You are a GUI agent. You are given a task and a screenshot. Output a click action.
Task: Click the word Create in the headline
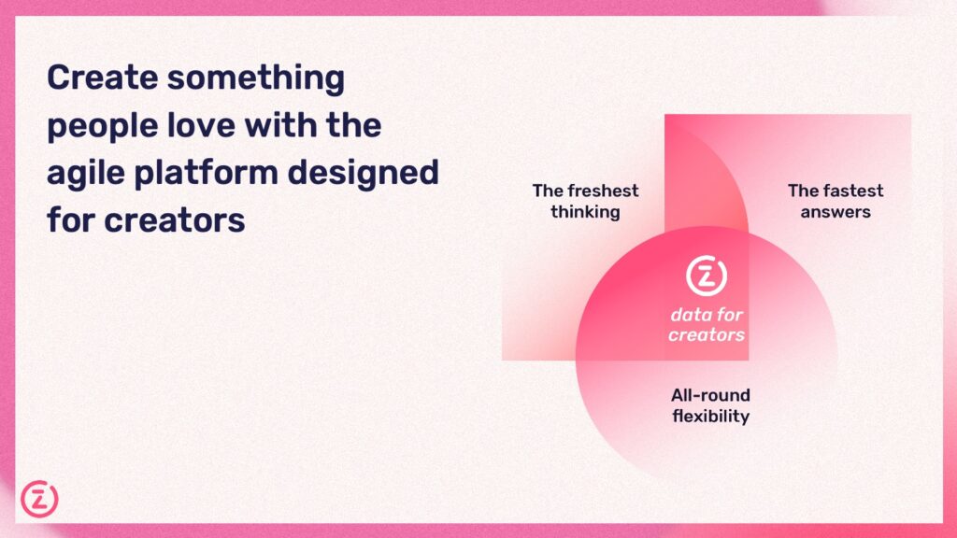pyautogui.click(x=103, y=78)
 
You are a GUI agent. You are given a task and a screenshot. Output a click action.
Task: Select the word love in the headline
pyautogui.click(x=202, y=125)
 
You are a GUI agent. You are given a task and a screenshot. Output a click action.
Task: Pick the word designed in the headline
pyautogui.click(x=364, y=174)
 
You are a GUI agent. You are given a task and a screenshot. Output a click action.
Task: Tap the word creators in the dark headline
pyautogui.click(x=175, y=220)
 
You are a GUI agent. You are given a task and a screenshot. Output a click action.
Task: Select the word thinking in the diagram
pyautogui.click(x=585, y=212)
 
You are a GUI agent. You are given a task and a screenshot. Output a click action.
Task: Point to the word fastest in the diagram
pyautogui.click(x=853, y=191)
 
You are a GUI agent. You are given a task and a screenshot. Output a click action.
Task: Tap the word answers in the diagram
pyautogui.click(x=836, y=212)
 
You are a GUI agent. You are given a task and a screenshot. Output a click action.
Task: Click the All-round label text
pyautogui.click(x=710, y=395)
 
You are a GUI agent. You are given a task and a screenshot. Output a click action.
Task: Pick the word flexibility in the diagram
pyautogui.click(x=710, y=417)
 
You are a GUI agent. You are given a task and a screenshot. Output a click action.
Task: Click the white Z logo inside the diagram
pyautogui.click(x=707, y=276)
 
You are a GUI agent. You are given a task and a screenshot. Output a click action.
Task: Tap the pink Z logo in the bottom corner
pyautogui.click(x=39, y=499)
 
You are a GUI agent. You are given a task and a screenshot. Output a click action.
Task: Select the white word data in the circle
pyautogui.click(x=689, y=315)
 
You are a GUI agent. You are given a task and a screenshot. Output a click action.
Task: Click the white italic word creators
pyautogui.click(x=707, y=335)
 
